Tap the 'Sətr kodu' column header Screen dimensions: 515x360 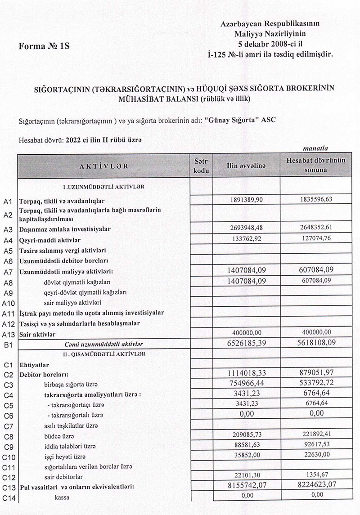coord(201,166)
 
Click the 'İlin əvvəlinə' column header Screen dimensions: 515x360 coord(246,166)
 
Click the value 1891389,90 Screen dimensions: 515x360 coord(246,200)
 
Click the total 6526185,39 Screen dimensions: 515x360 coord(246,344)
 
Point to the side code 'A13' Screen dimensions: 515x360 coord(9,334)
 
